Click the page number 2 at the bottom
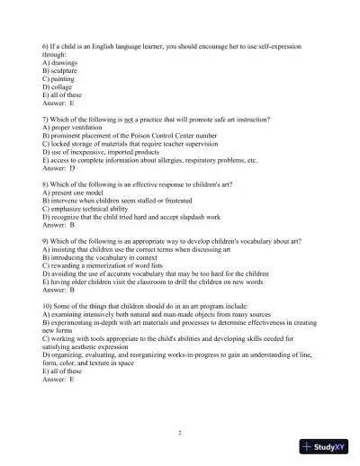180,433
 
